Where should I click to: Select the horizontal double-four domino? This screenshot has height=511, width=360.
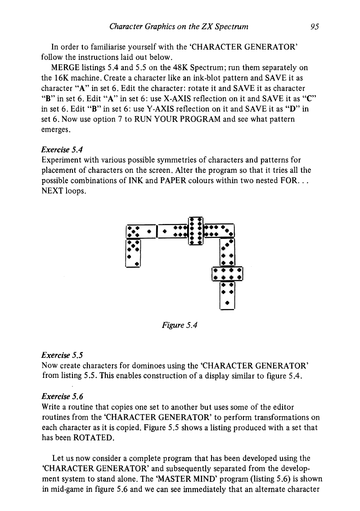(227, 274)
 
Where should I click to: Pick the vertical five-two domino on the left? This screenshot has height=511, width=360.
(134, 253)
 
